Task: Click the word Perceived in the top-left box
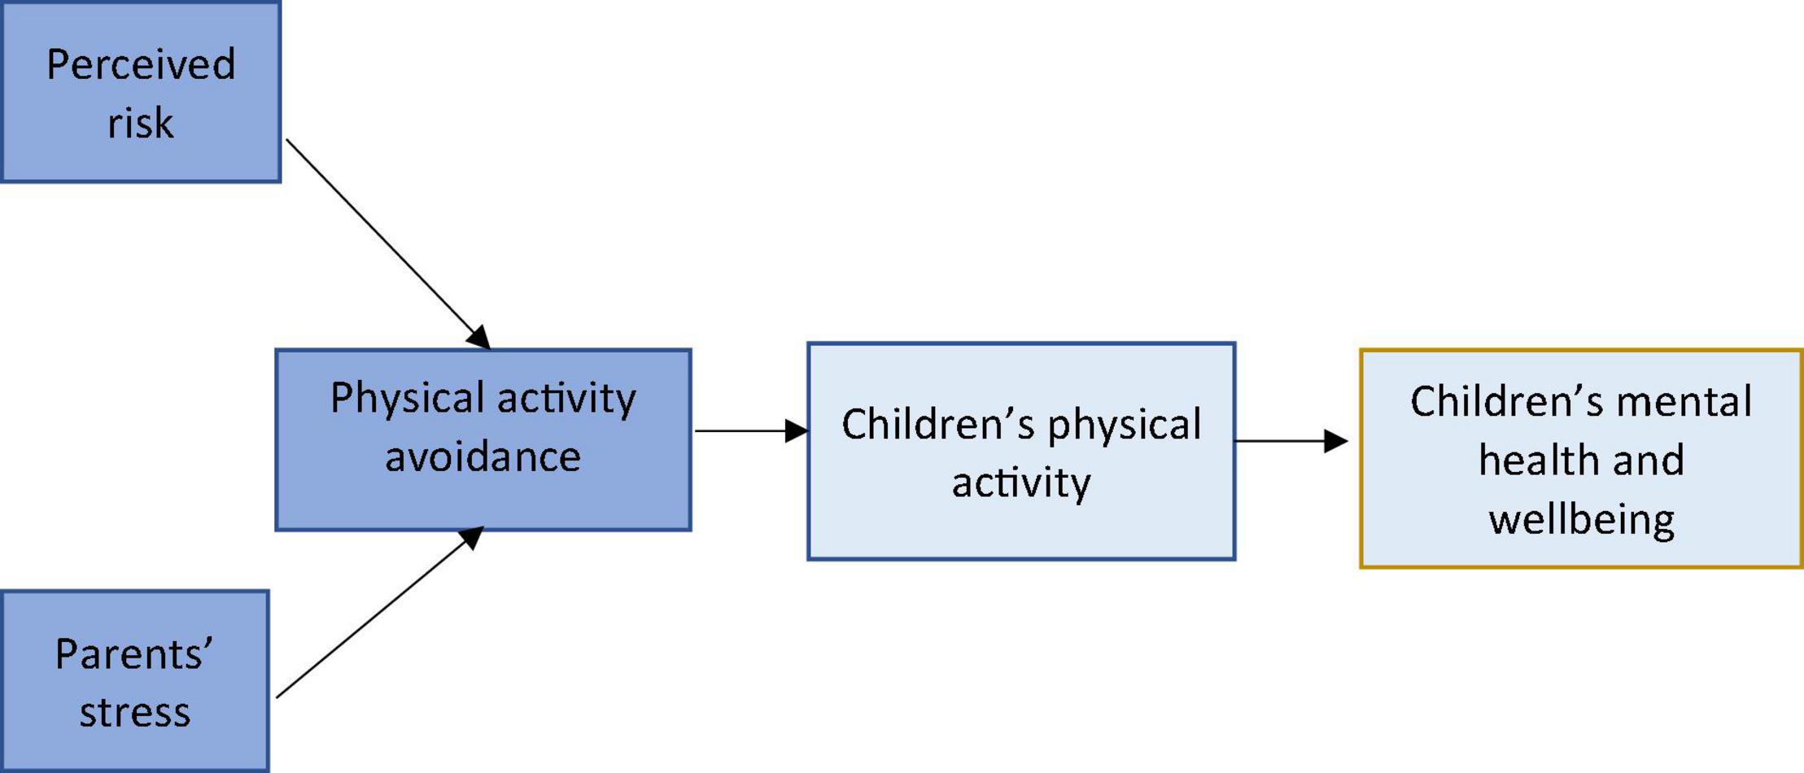tap(141, 65)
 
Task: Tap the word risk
tap(141, 124)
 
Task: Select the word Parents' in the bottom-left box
tap(134, 653)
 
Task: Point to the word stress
tap(134, 713)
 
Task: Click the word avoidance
tap(483, 456)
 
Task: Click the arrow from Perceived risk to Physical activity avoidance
tap(388, 244)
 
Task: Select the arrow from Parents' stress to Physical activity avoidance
tap(380, 612)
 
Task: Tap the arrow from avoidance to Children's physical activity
tap(751, 430)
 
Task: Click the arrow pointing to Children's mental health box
tap(1291, 441)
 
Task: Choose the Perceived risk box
tap(141, 91)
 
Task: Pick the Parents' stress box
tap(134, 681)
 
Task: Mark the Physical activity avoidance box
tap(483, 440)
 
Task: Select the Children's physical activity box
tap(1021, 452)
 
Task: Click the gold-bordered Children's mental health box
tap(1582, 459)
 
